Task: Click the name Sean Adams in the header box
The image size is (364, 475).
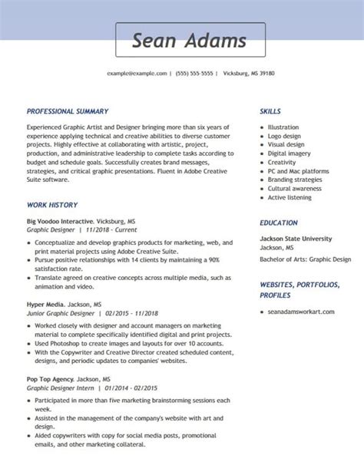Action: pyautogui.click(x=189, y=41)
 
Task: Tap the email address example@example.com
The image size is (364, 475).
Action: pyautogui.click(x=137, y=74)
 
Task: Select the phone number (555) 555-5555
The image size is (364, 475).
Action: pyautogui.click(x=195, y=74)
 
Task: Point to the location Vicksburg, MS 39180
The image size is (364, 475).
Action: pyautogui.click(x=249, y=74)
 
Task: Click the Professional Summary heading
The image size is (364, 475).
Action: pyautogui.click(x=68, y=111)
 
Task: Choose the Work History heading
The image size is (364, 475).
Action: pyautogui.click(x=52, y=205)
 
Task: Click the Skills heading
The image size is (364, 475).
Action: pyautogui.click(x=270, y=111)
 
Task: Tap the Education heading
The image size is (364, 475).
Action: pyautogui.click(x=279, y=223)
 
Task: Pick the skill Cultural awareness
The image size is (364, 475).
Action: pyautogui.click(x=295, y=188)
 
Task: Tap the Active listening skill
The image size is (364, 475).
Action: pyautogui.click(x=290, y=197)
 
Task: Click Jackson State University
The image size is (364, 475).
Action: pyautogui.click(x=296, y=239)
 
